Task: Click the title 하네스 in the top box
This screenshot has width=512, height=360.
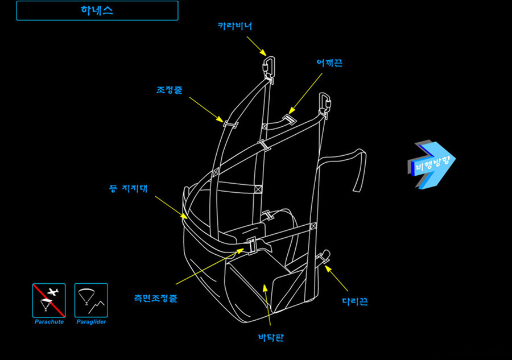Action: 97,11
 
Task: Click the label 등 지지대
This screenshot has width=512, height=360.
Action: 128,188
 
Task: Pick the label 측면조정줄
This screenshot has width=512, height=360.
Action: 155,298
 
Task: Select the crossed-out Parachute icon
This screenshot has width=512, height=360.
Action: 48,300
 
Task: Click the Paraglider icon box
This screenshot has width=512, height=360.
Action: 91,300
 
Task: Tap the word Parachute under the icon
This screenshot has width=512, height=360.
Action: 48,322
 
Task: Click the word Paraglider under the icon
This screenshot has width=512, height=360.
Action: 91,322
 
